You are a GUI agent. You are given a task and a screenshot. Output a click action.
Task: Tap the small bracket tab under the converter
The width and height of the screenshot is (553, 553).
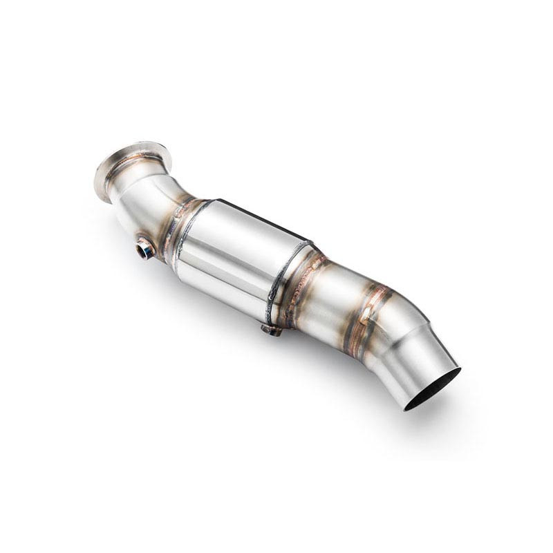(x=272, y=330)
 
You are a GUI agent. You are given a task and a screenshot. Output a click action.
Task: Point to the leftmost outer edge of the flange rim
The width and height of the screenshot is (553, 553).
(x=95, y=181)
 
